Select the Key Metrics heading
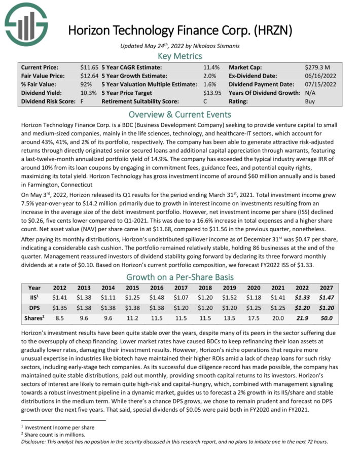pos(180,56)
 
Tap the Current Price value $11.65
pos(89,67)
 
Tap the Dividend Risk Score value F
pos(82,101)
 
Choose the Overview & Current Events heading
pos(180,114)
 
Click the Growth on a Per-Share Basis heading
pos(180,277)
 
